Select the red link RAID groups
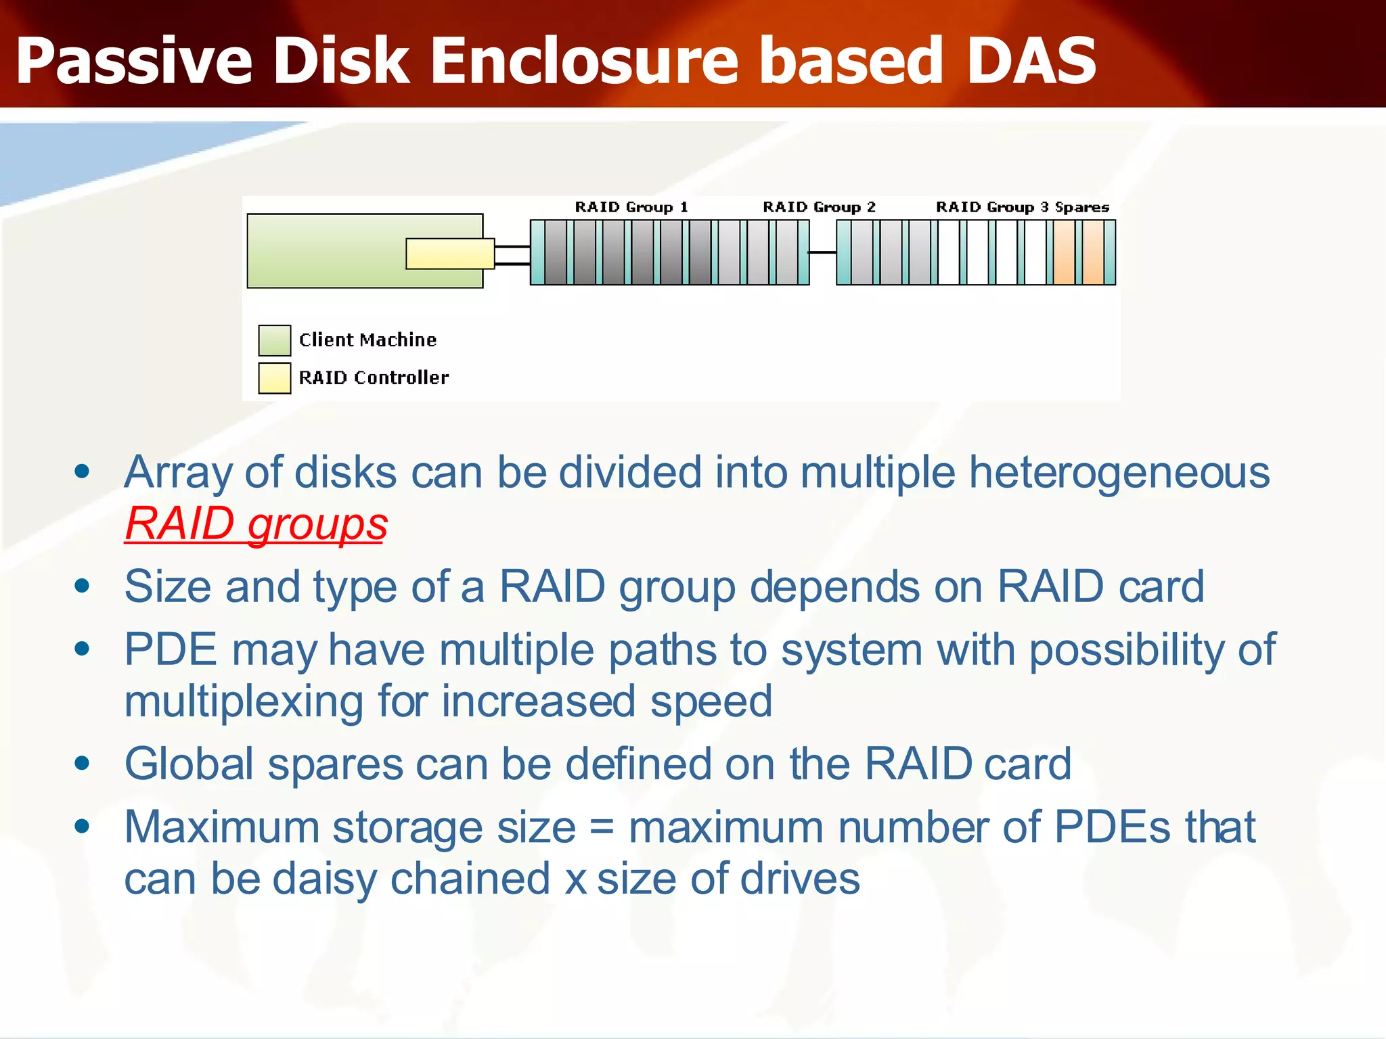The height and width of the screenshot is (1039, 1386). pyautogui.click(x=256, y=524)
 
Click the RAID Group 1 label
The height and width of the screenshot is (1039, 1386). pyautogui.click(x=631, y=207)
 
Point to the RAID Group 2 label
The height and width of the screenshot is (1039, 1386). pyautogui.click(x=819, y=207)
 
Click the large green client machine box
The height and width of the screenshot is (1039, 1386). pyautogui.click(x=325, y=251)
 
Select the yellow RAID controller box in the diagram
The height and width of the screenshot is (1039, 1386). pyautogui.click(x=449, y=254)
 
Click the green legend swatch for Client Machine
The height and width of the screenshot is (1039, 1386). pyautogui.click(x=274, y=340)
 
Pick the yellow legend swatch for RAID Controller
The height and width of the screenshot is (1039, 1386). pyautogui.click(x=274, y=378)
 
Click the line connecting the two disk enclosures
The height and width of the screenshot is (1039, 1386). pyautogui.click(x=822, y=252)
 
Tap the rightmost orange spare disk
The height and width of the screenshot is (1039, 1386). pyautogui.click(x=1092, y=252)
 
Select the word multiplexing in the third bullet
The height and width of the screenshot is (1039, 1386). pyautogui.click(x=244, y=701)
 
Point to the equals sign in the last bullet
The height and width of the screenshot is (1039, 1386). pyautogui.click(x=602, y=828)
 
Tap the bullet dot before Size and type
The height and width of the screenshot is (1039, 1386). pyautogui.click(x=83, y=586)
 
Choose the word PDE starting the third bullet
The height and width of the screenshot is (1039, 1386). pyautogui.click(x=171, y=650)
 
